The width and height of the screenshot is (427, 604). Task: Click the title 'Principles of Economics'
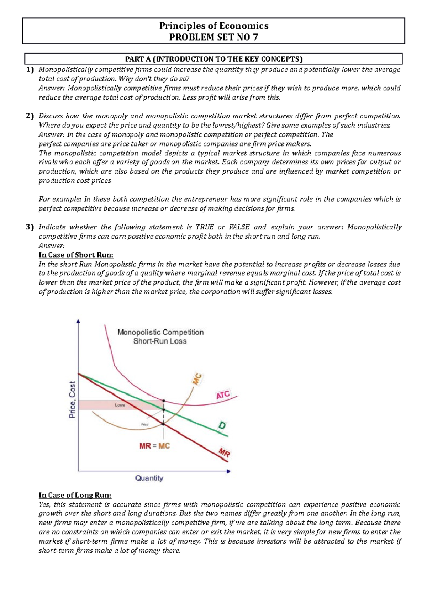point(213,26)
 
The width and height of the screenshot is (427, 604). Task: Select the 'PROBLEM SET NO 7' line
point(213,37)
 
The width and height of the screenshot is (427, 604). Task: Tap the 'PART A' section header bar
point(213,59)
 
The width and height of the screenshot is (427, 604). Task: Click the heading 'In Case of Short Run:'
point(76,255)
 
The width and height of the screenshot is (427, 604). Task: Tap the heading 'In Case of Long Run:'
point(75,495)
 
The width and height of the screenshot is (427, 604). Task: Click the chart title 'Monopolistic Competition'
point(160,332)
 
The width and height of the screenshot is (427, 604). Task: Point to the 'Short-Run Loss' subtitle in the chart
point(160,341)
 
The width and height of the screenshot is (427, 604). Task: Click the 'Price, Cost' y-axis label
point(72,399)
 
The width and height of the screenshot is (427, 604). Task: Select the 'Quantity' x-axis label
point(149,478)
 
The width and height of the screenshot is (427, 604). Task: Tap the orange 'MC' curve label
point(197,379)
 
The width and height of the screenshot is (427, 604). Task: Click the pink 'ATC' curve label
point(223,395)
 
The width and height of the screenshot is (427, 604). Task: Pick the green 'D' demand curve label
point(222,425)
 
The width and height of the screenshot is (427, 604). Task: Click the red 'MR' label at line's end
point(224,453)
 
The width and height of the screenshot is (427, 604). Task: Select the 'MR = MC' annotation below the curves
point(154,446)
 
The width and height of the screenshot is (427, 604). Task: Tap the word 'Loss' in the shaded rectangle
point(120,405)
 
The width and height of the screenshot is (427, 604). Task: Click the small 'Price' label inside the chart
point(145,425)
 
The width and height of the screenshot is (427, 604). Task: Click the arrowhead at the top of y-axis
point(78,321)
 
